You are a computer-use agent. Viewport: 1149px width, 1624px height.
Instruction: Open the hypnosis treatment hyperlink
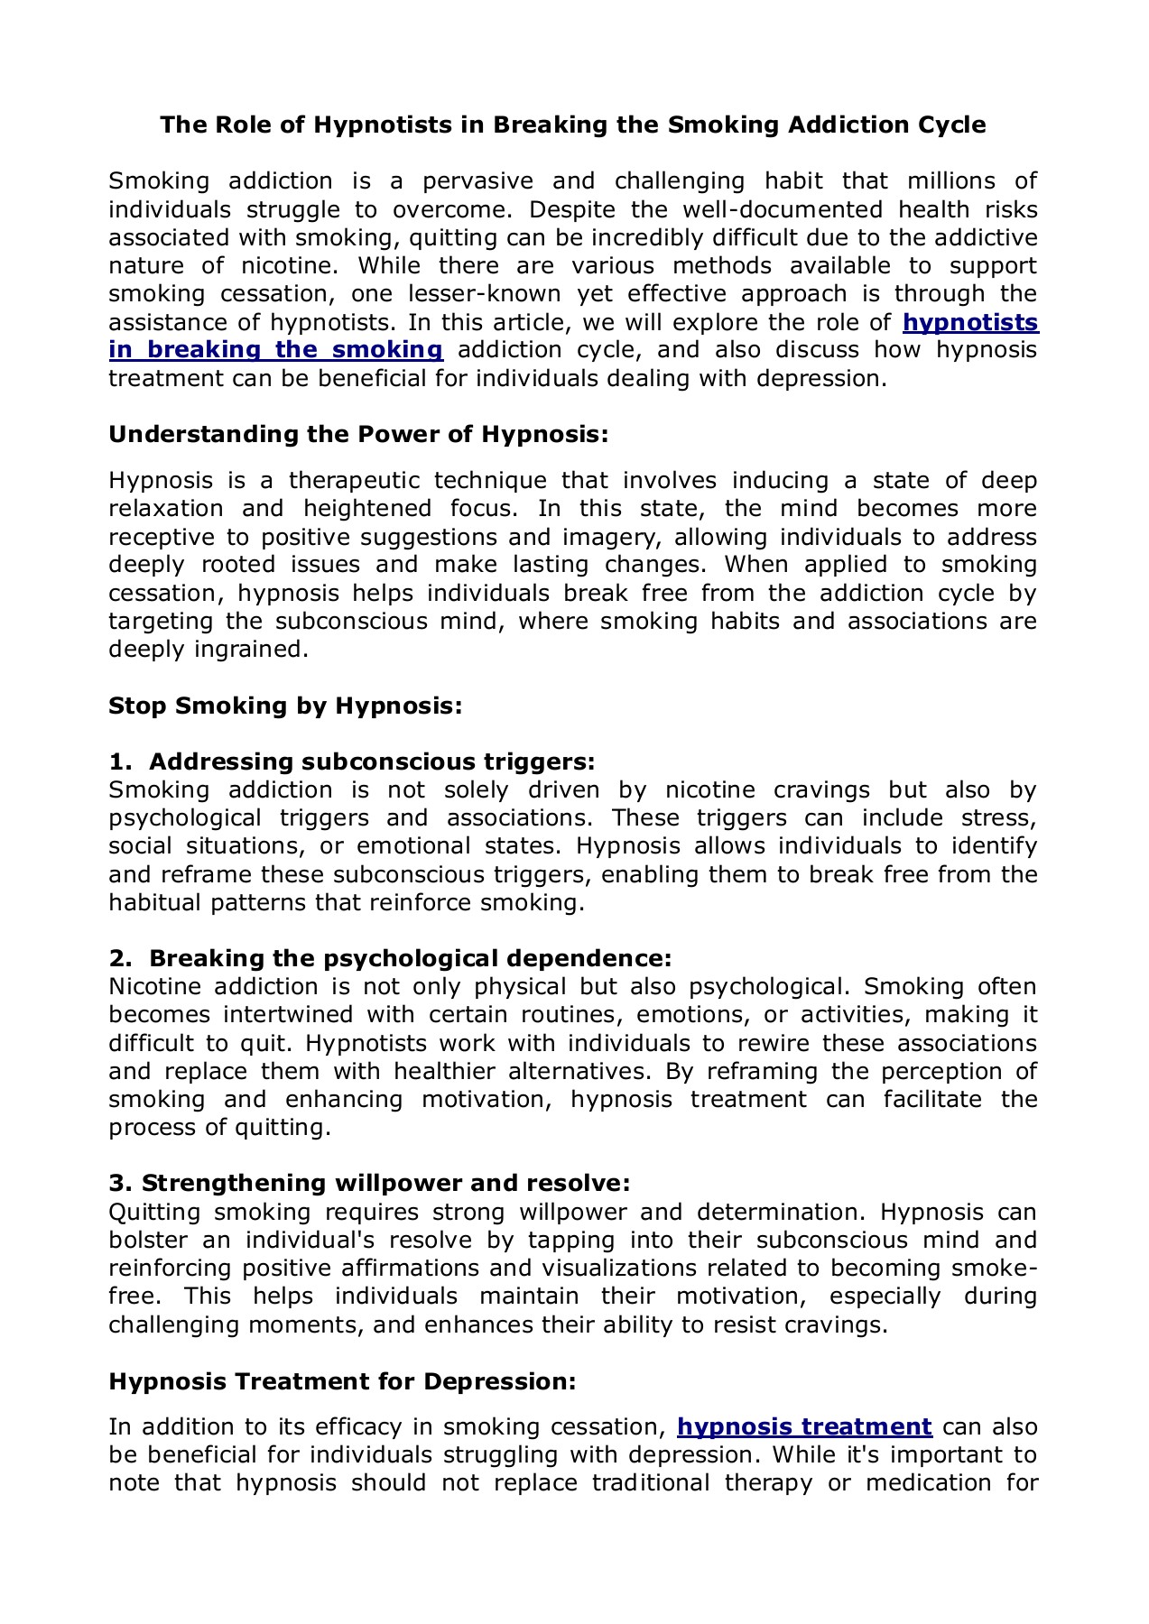pyautogui.click(x=804, y=1426)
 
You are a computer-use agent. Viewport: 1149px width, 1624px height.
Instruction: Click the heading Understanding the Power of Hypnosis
pyautogui.click(x=358, y=434)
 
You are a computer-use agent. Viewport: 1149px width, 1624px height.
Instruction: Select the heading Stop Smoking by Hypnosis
pyautogui.click(x=285, y=705)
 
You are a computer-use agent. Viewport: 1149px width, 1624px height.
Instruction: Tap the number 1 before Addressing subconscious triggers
pyautogui.click(x=115, y=761)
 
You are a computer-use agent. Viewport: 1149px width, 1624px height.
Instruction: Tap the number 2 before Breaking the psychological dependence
pyautogui.click(x=116, y=958)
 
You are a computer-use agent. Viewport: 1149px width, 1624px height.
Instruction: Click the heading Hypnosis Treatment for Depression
pyautogui.click(x=342, y=1381)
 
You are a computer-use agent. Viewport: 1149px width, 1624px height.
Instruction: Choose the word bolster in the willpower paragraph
pyautogui.click(x=147, y=1241)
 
